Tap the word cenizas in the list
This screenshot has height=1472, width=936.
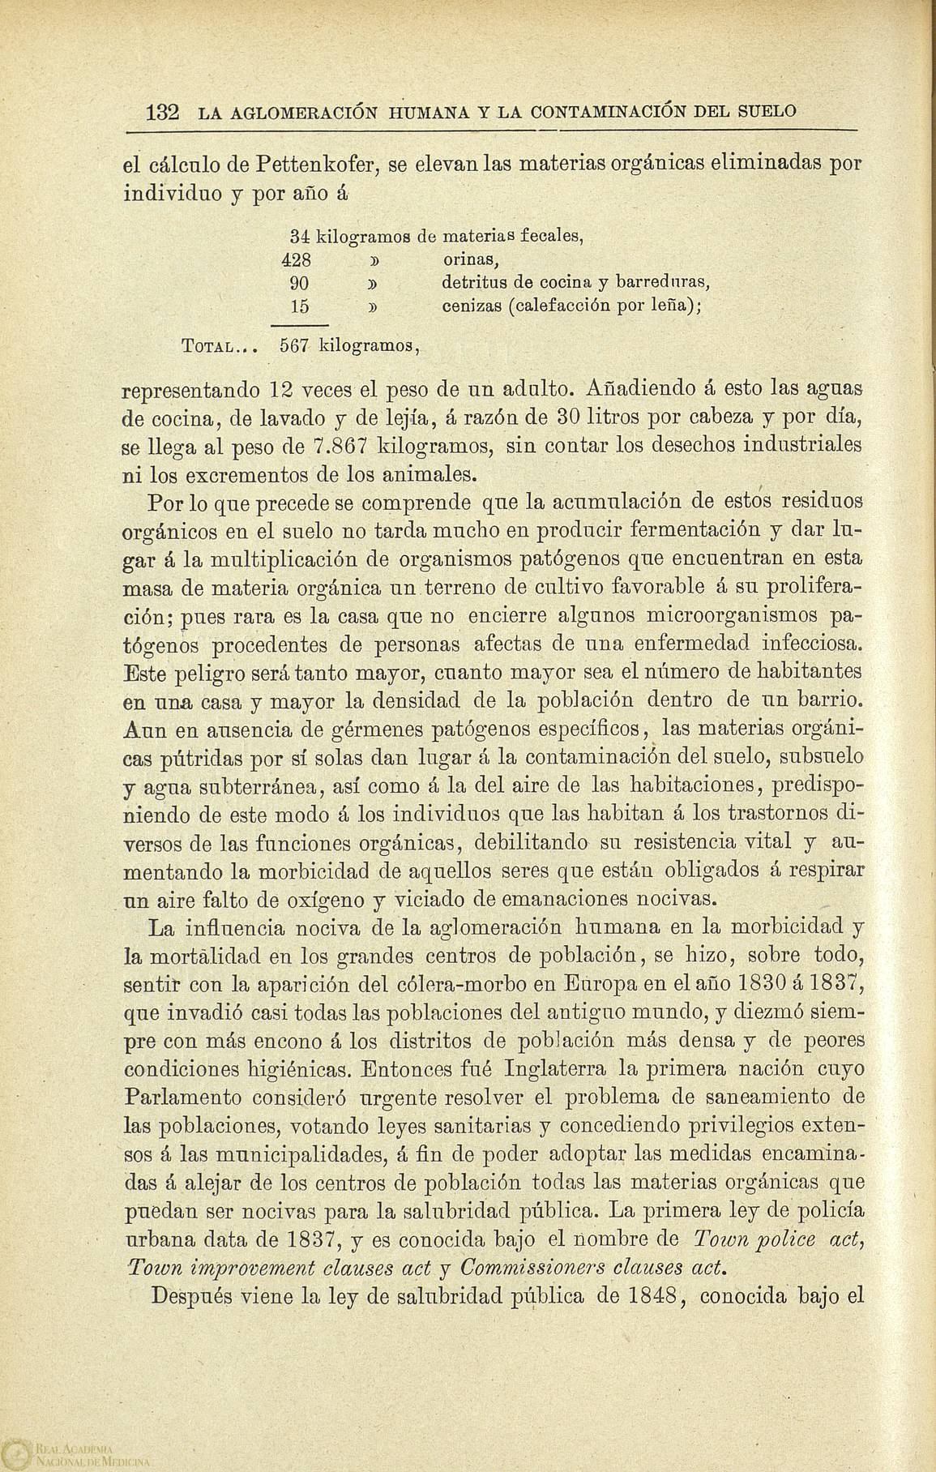coord(471,307)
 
